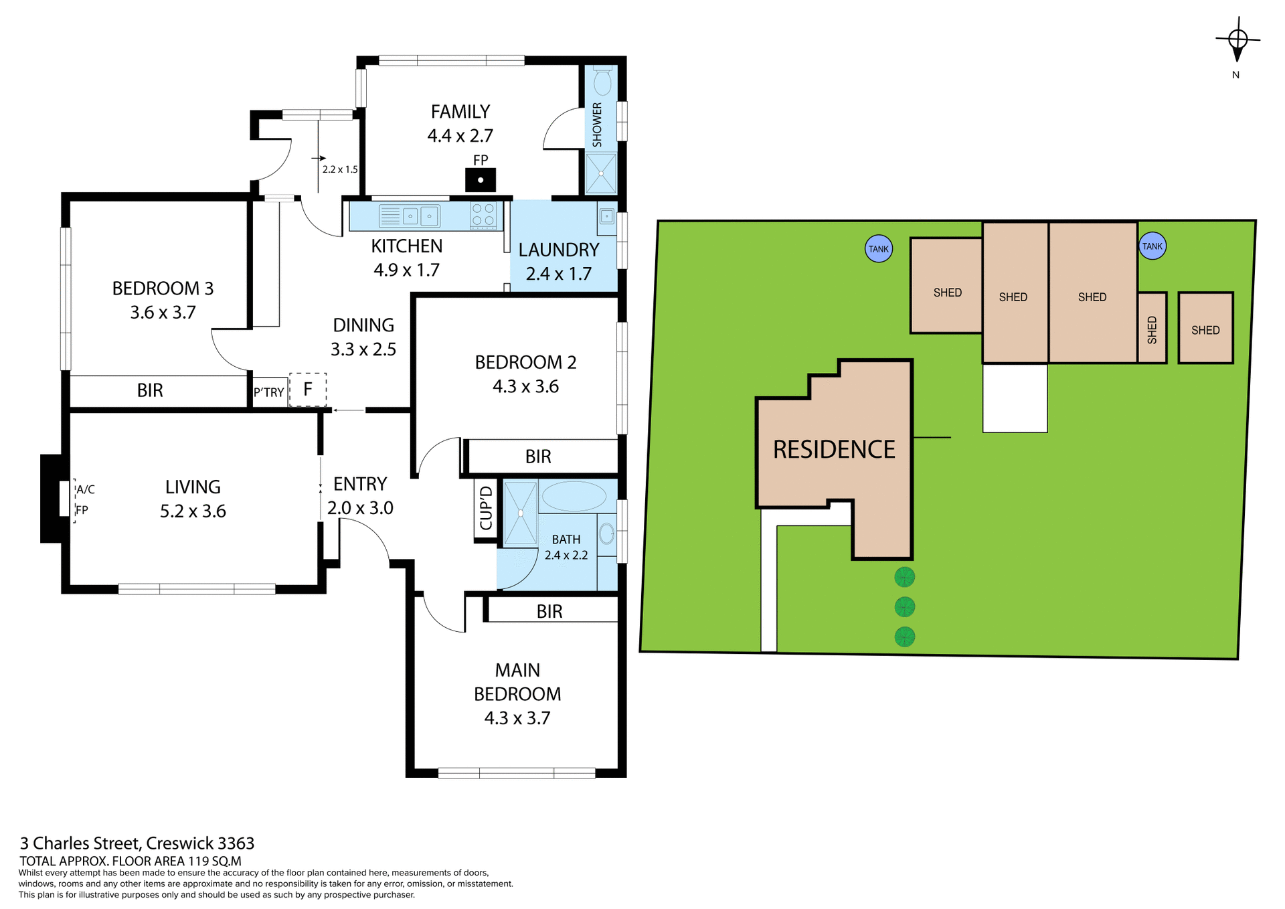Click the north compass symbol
(x=1237, y=40)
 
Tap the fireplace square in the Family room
(x=480, y=180)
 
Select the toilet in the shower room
(x=602, y=82)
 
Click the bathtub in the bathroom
(x=574, y=497)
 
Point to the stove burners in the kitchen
(x=483, y=214)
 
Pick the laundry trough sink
(x=606, y=216)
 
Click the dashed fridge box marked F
(x=308, y=389)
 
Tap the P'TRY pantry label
(x=268, y=392)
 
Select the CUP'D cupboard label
(x=486, y=508)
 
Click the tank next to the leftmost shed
(x=878, y=249)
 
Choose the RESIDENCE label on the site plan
(x=834, y=449)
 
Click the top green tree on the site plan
(x=904, y=576)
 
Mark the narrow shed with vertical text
(x=1152, y=329)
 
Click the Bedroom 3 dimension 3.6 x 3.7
(x=163, y=313)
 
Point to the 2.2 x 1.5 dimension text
(x=340, y=169)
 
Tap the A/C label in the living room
(x=86, y=489)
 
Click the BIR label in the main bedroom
(x=549, y=611)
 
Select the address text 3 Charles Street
(x=137, y=843)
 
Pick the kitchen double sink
(x=420, y=216)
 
